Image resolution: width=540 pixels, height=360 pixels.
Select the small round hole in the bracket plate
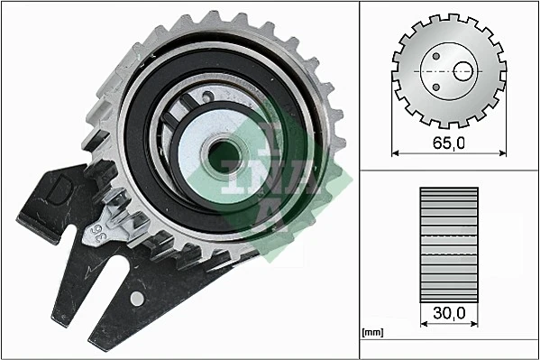tap(136, 297)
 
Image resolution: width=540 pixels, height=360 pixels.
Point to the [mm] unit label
tap(371, 332)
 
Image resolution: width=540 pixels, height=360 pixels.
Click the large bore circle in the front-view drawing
tap(464, 70)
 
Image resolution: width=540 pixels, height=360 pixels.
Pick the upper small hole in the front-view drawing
tap(435, 56)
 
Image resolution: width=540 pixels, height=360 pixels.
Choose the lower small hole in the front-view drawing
tap(435, 86)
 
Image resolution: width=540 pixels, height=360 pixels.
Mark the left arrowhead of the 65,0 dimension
tap(397, 152)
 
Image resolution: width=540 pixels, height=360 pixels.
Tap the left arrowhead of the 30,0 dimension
tap(424, 322)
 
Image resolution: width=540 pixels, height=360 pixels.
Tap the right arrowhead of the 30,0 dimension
tap(475, 322)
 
